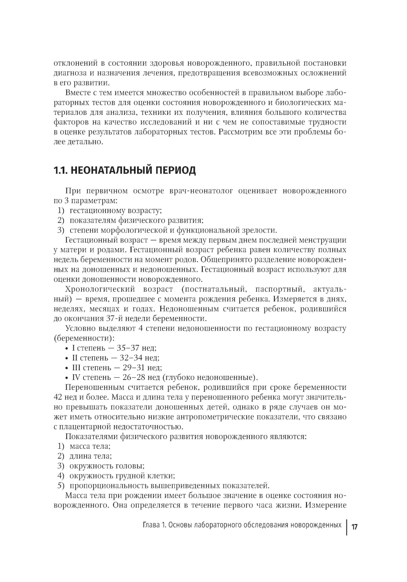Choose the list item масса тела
pos(90,446)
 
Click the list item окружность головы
pos(107,466)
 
